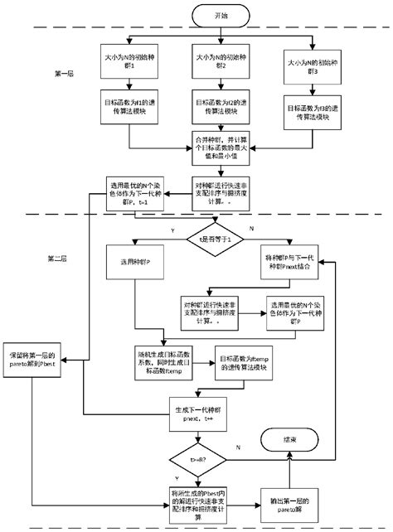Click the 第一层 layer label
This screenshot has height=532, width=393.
pyautogui.click(x=65, y=74)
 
